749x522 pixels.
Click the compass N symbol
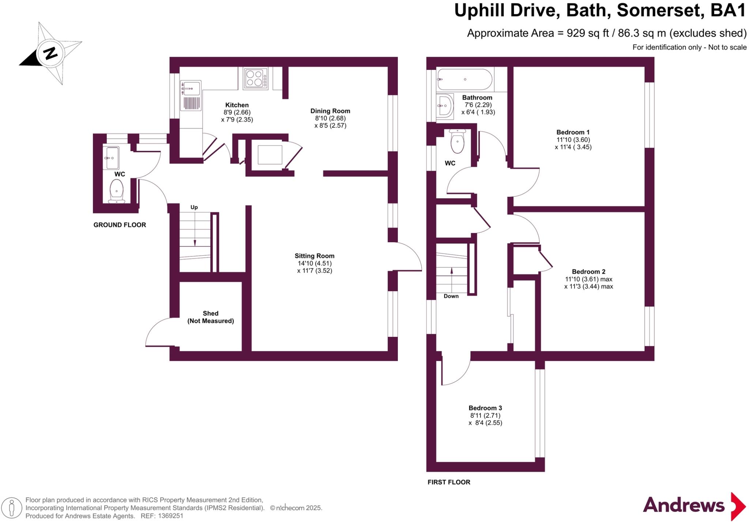click(50, 53)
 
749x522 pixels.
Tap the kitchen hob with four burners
click(256, 78)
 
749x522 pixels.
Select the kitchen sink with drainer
click(191, 96)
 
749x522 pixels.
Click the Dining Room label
click(330, 111)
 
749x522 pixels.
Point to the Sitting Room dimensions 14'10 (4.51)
click(315, 263)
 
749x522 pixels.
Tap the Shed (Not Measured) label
click(210, 317)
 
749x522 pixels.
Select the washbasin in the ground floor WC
click(111, 158)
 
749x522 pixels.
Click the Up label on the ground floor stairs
click(194, 207)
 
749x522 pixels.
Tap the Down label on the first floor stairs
click(451, 296)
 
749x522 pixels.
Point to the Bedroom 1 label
click(573, 132)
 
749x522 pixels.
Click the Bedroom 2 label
click(588, 271)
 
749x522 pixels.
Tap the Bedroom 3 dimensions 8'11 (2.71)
click(485, 416)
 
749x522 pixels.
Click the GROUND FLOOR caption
click(120, 225)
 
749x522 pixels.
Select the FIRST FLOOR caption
click(449, 482)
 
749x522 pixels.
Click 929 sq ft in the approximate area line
click(588, 33)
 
